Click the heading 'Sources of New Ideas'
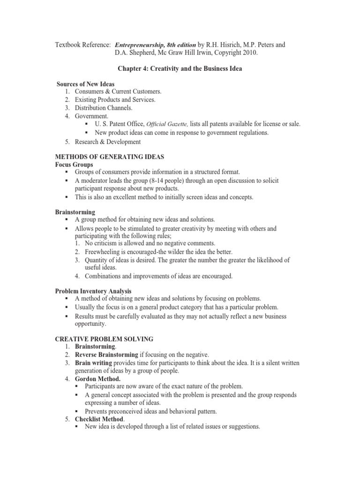[x=85, y=84]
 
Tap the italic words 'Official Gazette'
[x=169, y=124]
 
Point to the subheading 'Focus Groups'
[x=74, y=165]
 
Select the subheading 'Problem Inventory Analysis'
[x=93, y=291]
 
